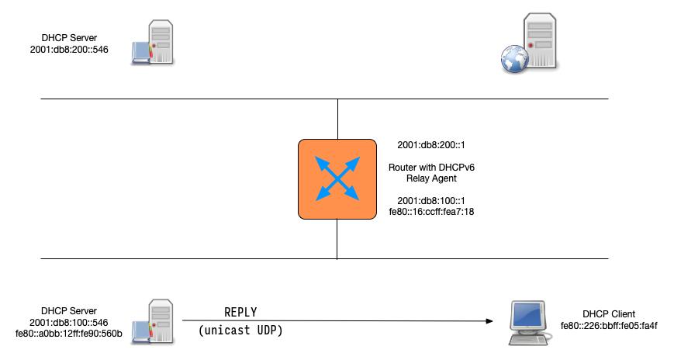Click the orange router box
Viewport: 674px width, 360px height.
click(337, 178)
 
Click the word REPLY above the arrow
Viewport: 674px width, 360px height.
click(240, 312)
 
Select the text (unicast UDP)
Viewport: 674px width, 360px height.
click(240, 331)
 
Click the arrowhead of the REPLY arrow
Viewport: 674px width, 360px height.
click(490, 320)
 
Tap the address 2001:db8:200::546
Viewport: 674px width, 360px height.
click(68, 50)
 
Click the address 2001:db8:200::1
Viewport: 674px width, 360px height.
click(430, 145)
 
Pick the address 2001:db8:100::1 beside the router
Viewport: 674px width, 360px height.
click(430, 199)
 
